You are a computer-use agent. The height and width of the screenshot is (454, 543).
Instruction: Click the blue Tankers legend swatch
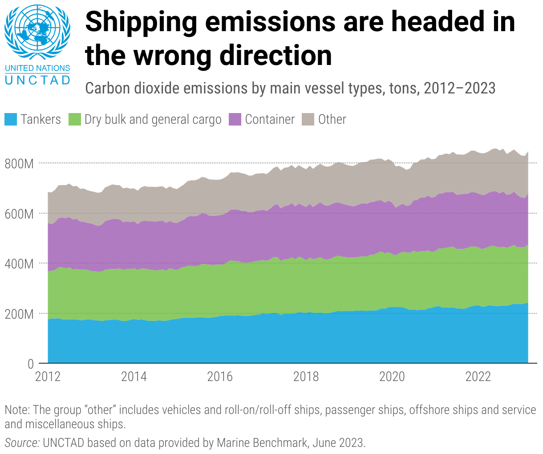point(11,119)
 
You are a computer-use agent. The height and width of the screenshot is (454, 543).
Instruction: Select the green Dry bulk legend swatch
point(75,119)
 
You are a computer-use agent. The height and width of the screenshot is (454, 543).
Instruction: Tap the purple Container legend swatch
point(235,119)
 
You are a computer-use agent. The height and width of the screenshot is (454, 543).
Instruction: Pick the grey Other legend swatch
point(308,119)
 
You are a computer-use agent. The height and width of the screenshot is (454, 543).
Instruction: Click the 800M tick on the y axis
point(19,164)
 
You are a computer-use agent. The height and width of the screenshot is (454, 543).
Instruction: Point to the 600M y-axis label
point(19,214)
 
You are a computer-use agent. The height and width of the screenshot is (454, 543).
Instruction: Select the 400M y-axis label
point(19,264)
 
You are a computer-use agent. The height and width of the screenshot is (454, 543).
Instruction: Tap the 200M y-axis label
point(19,314)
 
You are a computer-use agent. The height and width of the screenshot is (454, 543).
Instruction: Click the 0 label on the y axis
point(30,364)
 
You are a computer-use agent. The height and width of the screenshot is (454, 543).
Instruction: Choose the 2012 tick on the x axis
point(48,377)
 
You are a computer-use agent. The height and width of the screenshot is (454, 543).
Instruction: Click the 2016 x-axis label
point(220,377)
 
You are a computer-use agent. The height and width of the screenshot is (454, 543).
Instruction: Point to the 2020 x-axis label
point(392,377)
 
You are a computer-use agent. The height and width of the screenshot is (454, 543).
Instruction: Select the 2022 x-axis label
point(478,377)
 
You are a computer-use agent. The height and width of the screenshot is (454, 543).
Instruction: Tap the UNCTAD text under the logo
point(37,80)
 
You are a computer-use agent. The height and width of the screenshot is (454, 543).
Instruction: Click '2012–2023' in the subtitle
point(459,88)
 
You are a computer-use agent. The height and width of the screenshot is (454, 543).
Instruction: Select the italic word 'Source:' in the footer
point(22,443)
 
